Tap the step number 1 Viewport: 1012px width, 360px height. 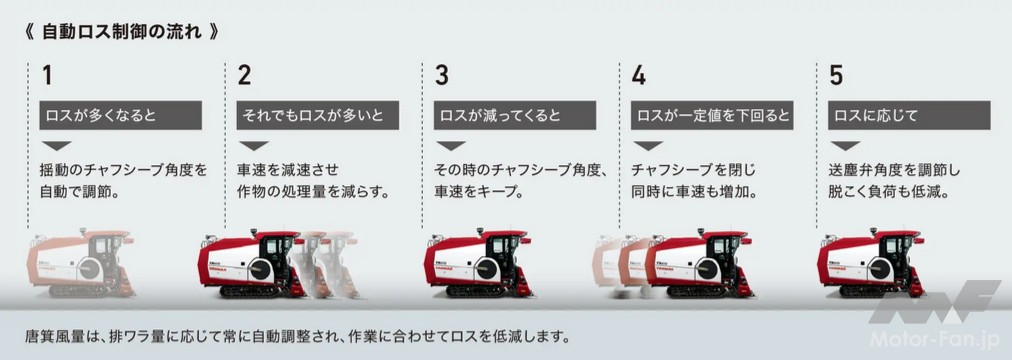47,76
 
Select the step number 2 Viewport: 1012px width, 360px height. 244,76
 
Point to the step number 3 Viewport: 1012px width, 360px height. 441,76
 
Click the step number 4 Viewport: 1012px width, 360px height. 638,76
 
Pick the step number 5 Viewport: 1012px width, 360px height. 836,76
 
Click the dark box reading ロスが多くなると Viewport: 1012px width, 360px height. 121,115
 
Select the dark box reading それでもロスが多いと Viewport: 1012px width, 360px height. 318,115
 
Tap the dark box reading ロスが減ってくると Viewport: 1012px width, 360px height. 515,115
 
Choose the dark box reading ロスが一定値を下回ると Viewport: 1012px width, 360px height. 712,115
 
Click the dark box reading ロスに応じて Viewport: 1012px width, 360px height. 909,115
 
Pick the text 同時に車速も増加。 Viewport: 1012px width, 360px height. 694,192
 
